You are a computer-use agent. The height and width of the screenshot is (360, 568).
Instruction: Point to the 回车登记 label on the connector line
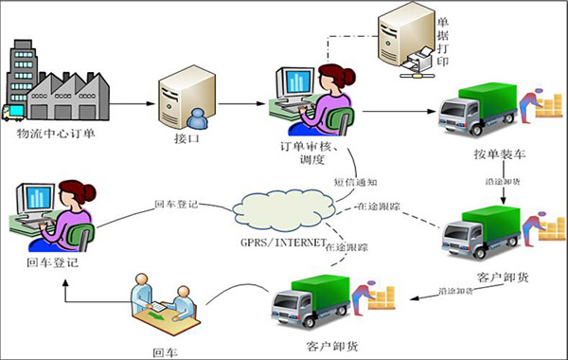(x=175, y=204)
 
